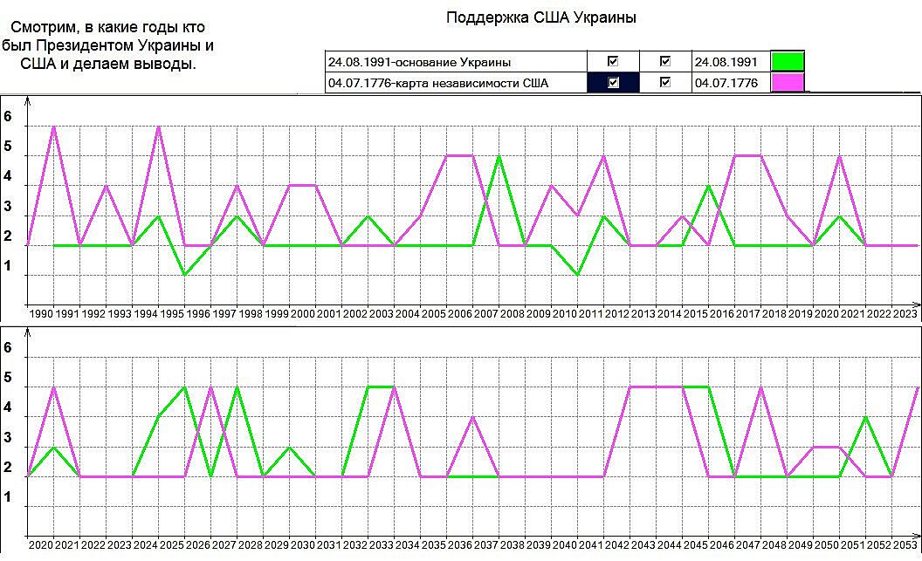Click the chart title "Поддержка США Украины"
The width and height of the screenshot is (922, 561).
point(540,17)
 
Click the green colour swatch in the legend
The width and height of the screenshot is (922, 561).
point(788,62)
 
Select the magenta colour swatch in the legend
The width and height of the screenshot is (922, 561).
point(788,83)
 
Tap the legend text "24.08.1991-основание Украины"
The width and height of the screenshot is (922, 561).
point(419,62)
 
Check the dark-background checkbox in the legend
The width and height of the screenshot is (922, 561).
point(613,83)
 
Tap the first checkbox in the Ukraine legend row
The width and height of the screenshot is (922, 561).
point(613,62)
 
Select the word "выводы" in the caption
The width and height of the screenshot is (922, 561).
point(166,64)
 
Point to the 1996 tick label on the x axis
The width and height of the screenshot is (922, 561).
point(197,313)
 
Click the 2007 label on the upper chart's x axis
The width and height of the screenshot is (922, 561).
point(485,313)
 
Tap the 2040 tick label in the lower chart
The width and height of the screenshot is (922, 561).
point(564,544)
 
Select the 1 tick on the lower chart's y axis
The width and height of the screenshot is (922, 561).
point(8,497)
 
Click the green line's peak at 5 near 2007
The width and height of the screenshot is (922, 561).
point(499,156)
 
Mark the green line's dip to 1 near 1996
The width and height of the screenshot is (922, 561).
point(184,275)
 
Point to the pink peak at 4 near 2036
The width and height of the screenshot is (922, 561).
point(472,417)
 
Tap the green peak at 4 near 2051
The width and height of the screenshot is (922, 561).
point(865,417)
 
